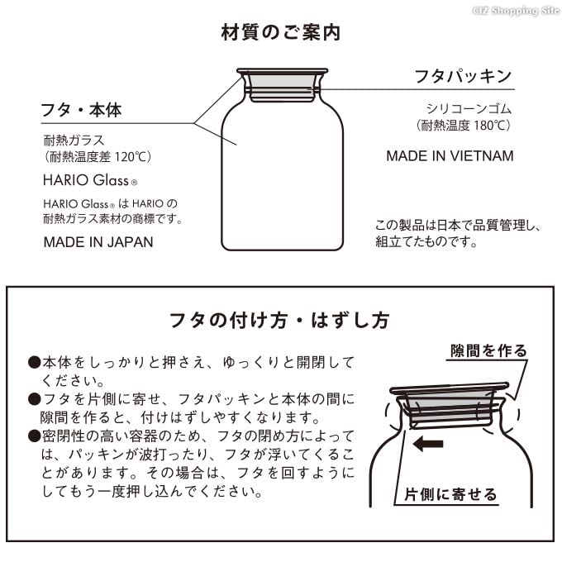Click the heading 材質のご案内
281,33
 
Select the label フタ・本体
87,110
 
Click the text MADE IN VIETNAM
450,156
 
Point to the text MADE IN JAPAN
98,242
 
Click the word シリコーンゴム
469,109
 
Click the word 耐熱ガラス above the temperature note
74,140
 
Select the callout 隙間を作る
488,350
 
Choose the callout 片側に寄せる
450,495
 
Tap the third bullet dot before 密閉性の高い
35,436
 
